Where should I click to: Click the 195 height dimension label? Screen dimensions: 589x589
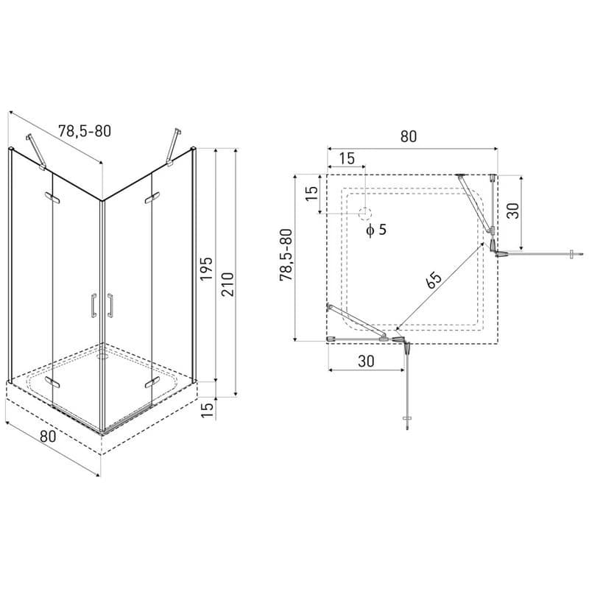pyautogui.click(x=206, y=268)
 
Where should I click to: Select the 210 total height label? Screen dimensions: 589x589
pyautogui.click(x=228, y=284)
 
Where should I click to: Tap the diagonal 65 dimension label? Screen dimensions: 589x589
pyautogui.click(x=434, y=281)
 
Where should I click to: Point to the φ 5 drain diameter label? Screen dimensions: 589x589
pyautogui.click(x=376, y=229)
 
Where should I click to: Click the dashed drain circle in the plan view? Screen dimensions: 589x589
pyautogui.click(x=364, y=214)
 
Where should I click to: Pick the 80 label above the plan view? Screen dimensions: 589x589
pyautogui.click(x=409, y=136)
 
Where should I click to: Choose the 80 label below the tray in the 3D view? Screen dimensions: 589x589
pyautogui.click(x=48, y=436)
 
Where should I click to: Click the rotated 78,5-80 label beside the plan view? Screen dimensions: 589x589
pyautogui.click(x=286, y=255)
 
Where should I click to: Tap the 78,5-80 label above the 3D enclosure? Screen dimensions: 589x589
pyautogui.click(x=85, y=131)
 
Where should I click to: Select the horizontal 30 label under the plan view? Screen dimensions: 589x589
pyautogui.click(x=366, y=361)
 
